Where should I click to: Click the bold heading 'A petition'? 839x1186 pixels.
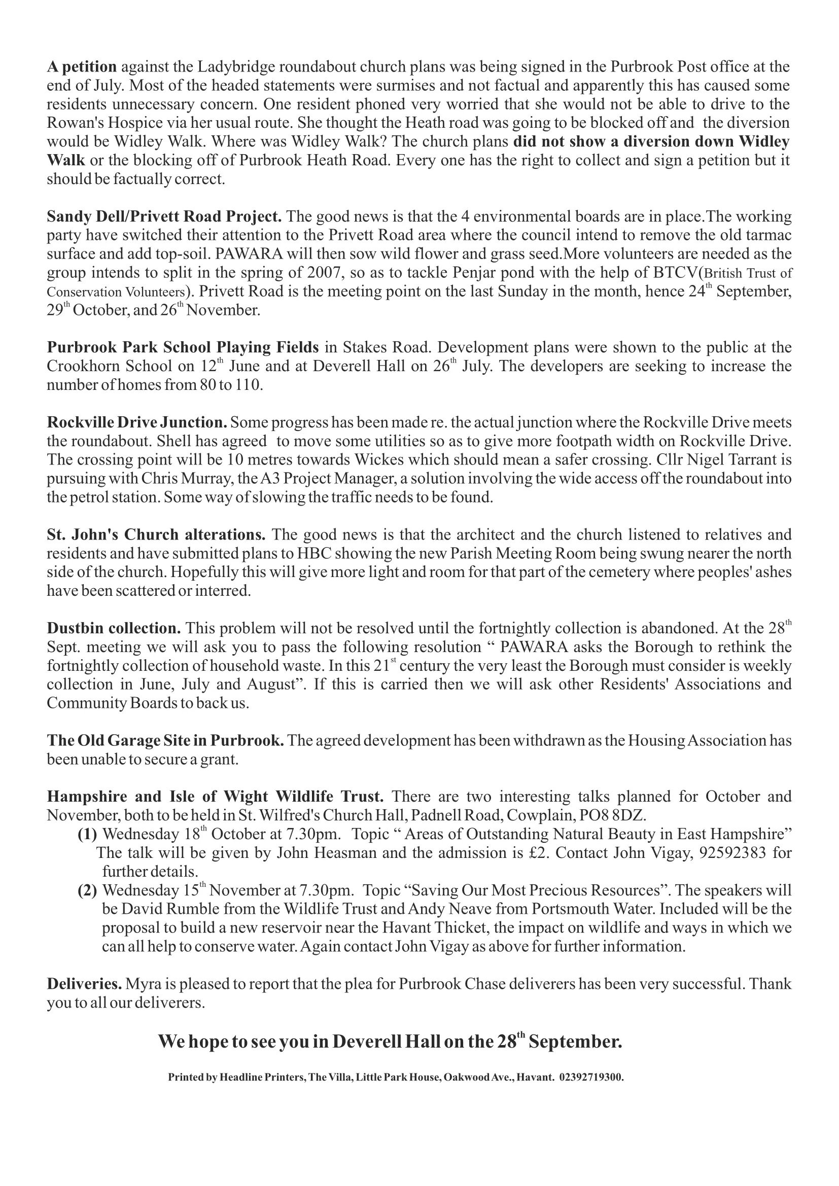coord(82,67)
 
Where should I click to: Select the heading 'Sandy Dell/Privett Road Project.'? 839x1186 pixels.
coord(164,217)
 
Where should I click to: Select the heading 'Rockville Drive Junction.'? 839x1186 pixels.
coord(137,422)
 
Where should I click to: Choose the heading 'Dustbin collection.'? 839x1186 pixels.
coord(114,628)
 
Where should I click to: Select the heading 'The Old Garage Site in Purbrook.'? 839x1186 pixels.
coord(165,740)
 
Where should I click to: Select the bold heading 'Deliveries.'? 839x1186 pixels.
coord(84,984)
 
